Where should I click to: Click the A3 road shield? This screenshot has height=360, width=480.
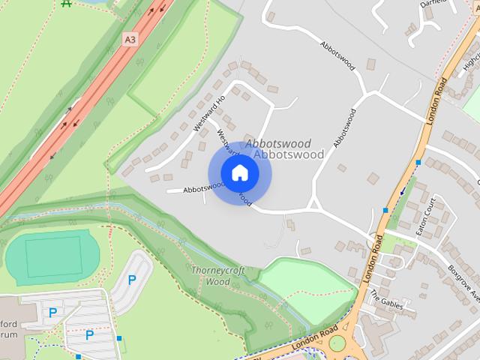131,39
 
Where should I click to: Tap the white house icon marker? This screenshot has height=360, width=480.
239,173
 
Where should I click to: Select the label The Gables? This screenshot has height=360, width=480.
388,301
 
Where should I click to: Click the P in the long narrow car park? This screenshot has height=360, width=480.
132,280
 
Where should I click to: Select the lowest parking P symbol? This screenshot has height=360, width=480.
88,335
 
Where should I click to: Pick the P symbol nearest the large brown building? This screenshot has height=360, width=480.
53,312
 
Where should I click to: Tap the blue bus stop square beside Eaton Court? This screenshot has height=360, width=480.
385,210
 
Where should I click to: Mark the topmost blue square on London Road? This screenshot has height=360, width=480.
418,162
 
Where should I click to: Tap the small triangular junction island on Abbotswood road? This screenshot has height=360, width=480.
315,204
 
